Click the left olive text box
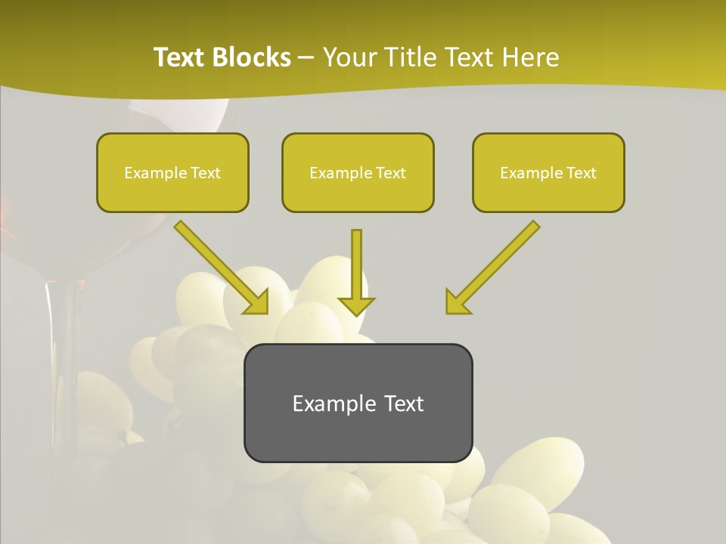[x=172, y=172]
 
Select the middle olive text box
[x=358, y=172]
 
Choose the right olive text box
[x=548, y=172]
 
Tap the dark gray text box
[x=358, y=403]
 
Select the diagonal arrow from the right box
[x=492, y=267]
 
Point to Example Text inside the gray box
[x=358, y=403]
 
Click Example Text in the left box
[x=172, y=173]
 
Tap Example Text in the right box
[x=548, y=173]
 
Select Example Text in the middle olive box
[x=358, y=173]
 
